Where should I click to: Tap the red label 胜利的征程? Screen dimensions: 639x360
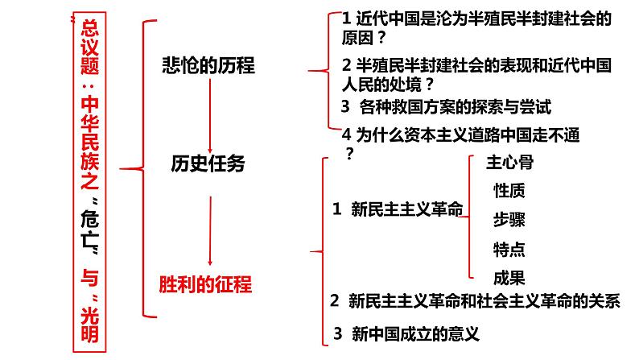tap(206, 283)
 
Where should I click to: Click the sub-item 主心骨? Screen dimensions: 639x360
tap(509, 162)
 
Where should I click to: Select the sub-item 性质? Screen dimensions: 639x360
tap(509, 191)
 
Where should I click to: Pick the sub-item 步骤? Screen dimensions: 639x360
tap(509, 220)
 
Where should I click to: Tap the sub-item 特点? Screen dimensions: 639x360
tap(509, 249)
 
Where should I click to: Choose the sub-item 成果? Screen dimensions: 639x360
tap(509, 278)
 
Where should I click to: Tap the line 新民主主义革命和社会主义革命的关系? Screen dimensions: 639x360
tap(484, 302)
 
